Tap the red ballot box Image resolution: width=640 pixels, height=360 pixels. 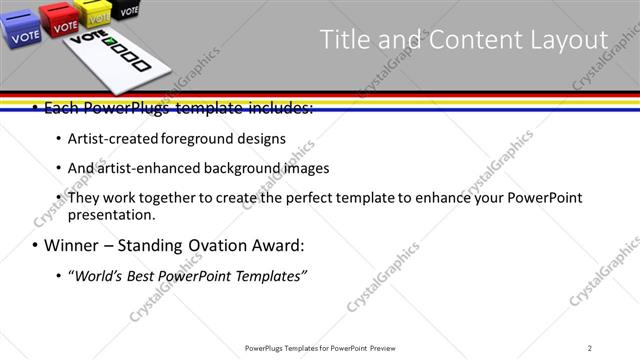point(60,20)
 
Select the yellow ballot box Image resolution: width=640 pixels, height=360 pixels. point(97,13)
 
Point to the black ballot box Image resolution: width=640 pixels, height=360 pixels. point(126,9)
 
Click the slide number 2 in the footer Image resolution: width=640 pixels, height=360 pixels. point(589,348)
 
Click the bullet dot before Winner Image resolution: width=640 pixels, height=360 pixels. point(36,246)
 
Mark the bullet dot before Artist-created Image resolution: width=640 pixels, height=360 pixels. point(58,138)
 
